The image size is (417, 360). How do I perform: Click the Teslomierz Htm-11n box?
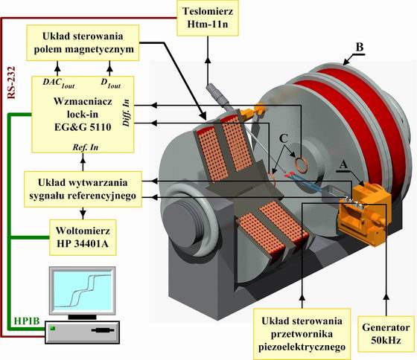pyautogui.click(x=208, y=18)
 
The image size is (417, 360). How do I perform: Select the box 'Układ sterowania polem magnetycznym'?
pyautogui.click(x=83, y=43)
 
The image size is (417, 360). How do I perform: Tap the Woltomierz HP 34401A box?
pyautogui.click(x=83, y=237)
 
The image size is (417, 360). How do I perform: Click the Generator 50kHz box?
pyautogui.click(x=386, y=334)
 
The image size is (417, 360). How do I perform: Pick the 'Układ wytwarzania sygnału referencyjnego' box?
pyautogui.click(x=83, y=189)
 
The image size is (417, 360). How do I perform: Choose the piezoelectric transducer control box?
pyautogui.click(x=302, y=334)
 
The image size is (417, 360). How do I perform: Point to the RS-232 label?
pyautogui.click(x=11, y=83)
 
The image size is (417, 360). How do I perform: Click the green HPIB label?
pyautogui.click(x=27, y=321)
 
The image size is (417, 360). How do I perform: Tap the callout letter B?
pyautogui.click(x=360, y=48)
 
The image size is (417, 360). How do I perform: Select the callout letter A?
pyautogui.click(x=343, y=164)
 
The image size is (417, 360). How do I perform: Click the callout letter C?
pyautogui.click(x=284, y=138)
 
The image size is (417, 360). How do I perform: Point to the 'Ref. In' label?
pyautogui.click(x=86, y=147)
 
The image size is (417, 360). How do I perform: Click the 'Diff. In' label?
pyautogui.click(x=126, y=113)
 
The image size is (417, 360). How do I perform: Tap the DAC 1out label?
pyautogui.click(x=59, y=83)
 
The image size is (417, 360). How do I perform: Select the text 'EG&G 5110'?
pyautogui.click(x=83, y=127)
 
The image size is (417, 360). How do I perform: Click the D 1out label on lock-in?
pyautogui.click(x=111, y=83)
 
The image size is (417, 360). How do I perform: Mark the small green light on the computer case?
pyautogui.click(x=53, y=328)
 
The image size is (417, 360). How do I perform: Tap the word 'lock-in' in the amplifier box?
pyautogui.click(x=83, y=115)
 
